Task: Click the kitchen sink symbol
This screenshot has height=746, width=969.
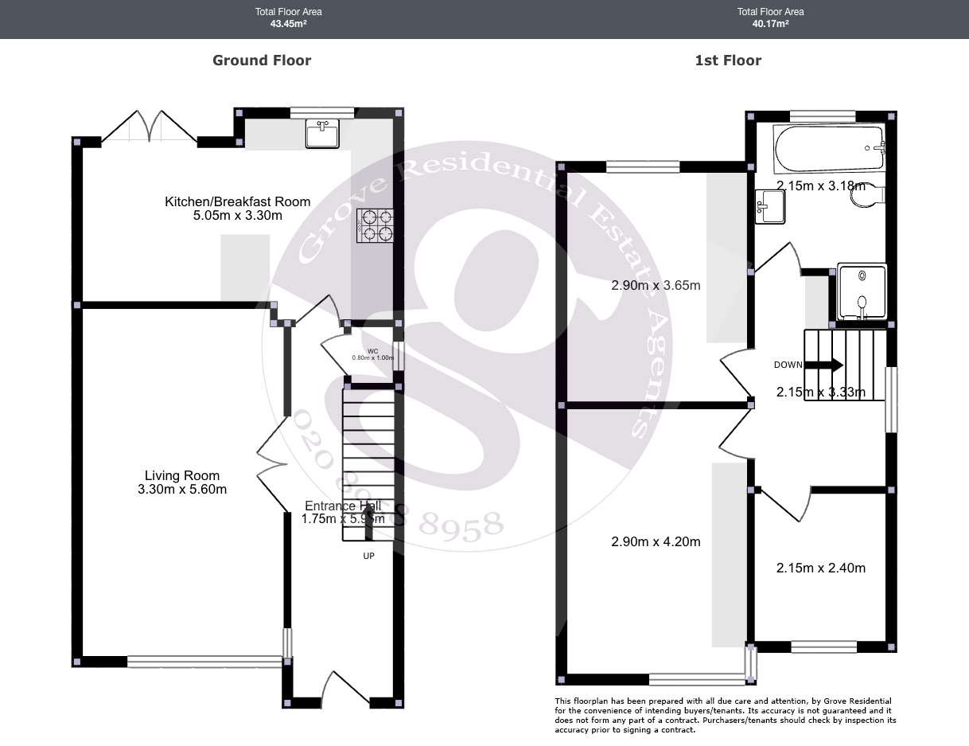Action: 323,134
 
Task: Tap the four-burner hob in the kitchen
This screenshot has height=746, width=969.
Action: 376,225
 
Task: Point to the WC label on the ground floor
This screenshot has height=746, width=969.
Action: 372,351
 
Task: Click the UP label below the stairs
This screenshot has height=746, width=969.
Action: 368,556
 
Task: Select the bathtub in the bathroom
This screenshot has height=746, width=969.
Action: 830,149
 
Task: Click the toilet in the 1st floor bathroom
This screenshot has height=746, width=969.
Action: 868,196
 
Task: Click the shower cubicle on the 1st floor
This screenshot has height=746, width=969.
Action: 862,291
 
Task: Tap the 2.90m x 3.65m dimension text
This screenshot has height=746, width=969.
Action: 656,285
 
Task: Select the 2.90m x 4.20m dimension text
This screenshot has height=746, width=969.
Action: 656,542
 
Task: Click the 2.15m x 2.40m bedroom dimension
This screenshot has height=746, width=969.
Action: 820,568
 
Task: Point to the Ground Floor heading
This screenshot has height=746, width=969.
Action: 262,61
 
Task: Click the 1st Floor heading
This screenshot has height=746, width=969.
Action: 728,61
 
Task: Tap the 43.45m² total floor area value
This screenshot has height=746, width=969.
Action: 288,24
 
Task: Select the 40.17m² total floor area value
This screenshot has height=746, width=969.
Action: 770,24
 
